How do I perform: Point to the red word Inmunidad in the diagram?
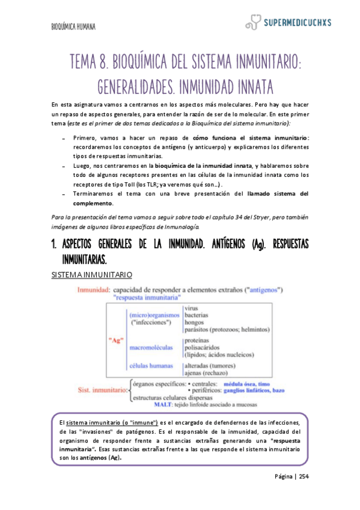point(93,289)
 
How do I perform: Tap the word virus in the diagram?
point(192,308)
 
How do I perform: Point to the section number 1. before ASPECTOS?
point(53,247)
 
